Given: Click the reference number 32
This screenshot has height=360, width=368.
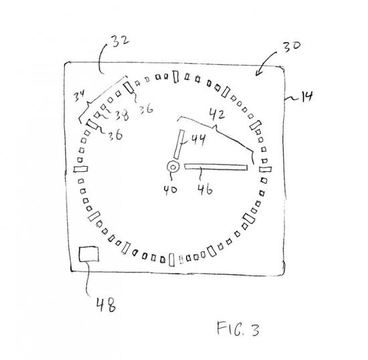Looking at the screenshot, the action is tap(120, 41).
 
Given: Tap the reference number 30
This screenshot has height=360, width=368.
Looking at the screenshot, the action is tap(291, 47).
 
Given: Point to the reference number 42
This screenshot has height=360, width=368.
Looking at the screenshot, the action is tap(217, 114).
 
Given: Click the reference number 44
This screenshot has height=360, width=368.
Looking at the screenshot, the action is tap(198, 139).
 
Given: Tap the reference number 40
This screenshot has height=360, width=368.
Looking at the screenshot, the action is tap(171, 189).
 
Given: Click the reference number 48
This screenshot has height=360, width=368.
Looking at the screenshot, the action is tap(106, 304).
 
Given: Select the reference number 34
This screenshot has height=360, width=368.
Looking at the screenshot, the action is tap(78, 96).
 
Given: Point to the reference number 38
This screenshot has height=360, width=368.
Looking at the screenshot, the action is tap(122, 115).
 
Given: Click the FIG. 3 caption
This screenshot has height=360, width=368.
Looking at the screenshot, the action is tap(238, 329).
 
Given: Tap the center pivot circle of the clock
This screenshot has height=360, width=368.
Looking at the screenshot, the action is tap(173, 167).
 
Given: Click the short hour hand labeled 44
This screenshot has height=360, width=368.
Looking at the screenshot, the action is tap(179, 144).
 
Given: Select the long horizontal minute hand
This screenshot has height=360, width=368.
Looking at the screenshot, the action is tap(216, 167).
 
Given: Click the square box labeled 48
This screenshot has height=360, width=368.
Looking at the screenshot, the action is tap(89, 254).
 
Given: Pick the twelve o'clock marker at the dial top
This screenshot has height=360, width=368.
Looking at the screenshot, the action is tap(176, 76).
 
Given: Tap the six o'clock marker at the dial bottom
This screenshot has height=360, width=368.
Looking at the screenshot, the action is tap(172, 260).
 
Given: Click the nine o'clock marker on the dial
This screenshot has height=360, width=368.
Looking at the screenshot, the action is tap(81, 169).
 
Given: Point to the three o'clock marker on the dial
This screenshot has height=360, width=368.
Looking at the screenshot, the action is tap(265, 169).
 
